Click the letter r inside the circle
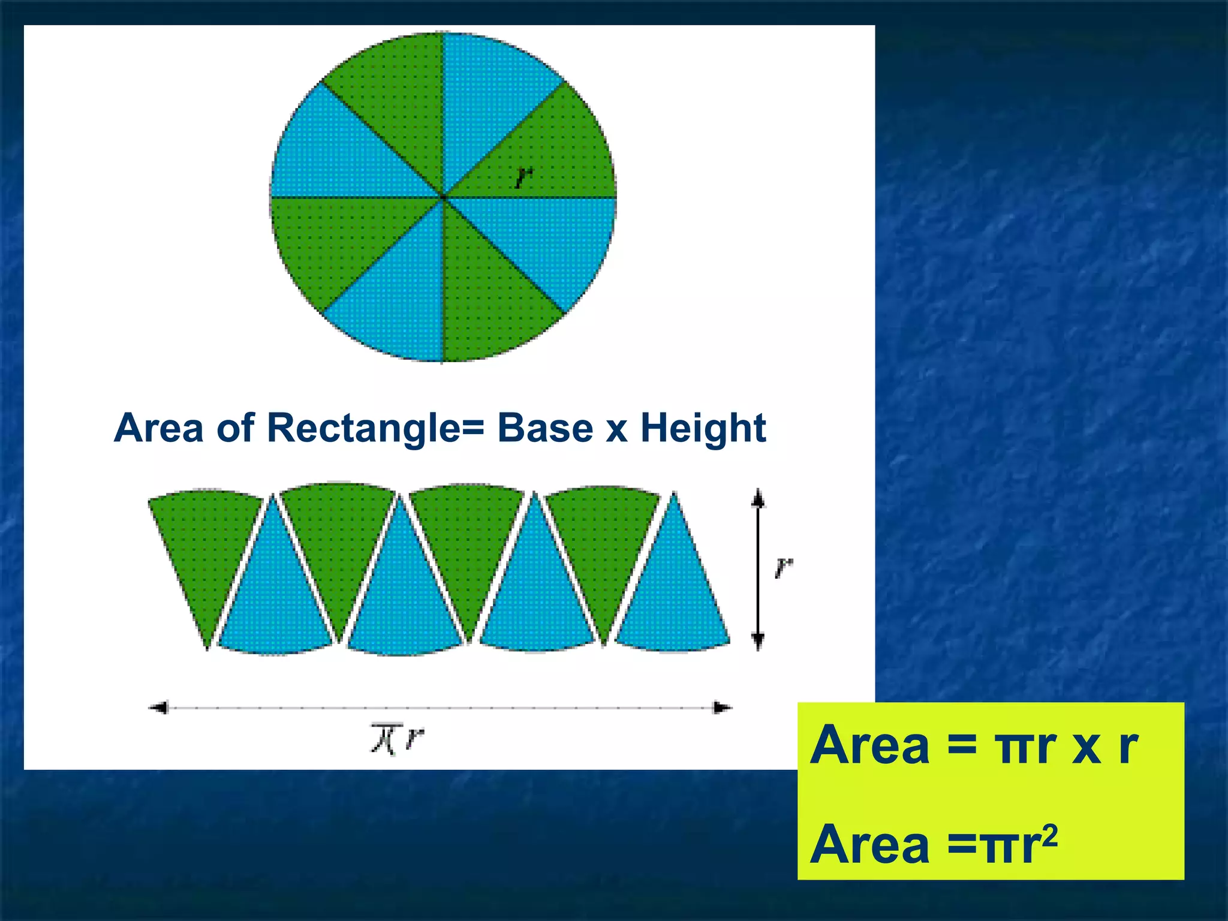pos(523,177)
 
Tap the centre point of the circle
pos(443,197)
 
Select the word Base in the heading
pos(545,429)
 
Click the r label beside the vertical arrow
pos(783,567)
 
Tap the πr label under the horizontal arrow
pos(397,739)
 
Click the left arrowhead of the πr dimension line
pos(158,708)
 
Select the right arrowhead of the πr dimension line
pos(722,708)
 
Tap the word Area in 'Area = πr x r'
pos(869,745)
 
